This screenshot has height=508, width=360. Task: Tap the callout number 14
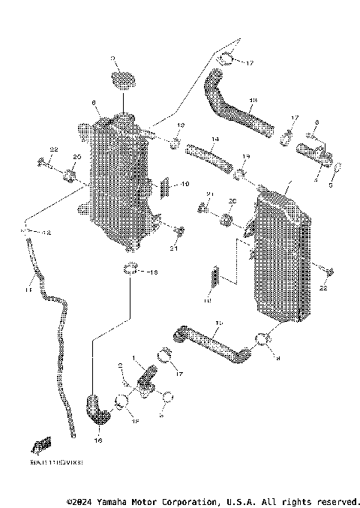(215, 140)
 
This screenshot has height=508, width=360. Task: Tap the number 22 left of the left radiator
(53, 151)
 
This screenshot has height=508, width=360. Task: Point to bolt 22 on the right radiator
(329, 270)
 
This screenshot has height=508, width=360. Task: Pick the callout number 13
(253, 100)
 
